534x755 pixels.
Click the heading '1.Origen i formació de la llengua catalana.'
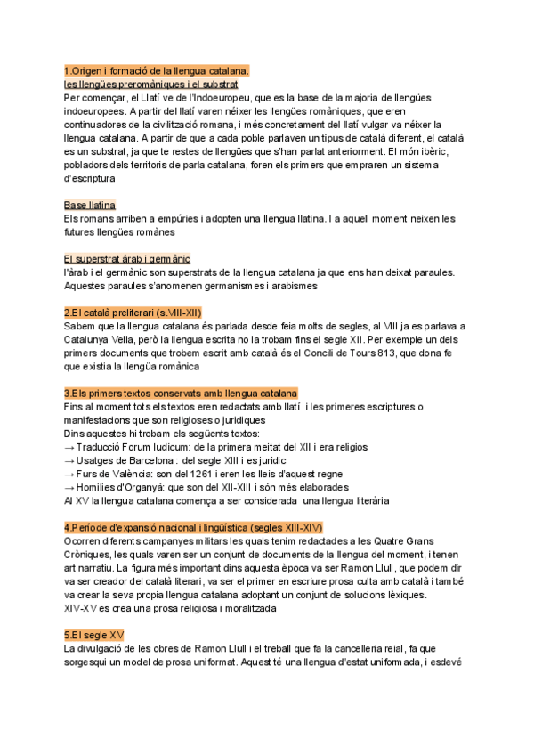[157, 70]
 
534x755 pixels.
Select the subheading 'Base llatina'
[90, 205]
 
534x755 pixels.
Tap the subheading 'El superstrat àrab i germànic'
[127, 258]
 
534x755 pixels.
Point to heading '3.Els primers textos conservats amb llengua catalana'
[181, 393]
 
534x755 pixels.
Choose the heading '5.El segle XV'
[94, 634]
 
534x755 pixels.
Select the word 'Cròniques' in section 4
[94, 555]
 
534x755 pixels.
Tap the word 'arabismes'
[288, 286]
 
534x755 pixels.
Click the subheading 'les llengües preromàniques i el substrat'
[151, 84]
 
